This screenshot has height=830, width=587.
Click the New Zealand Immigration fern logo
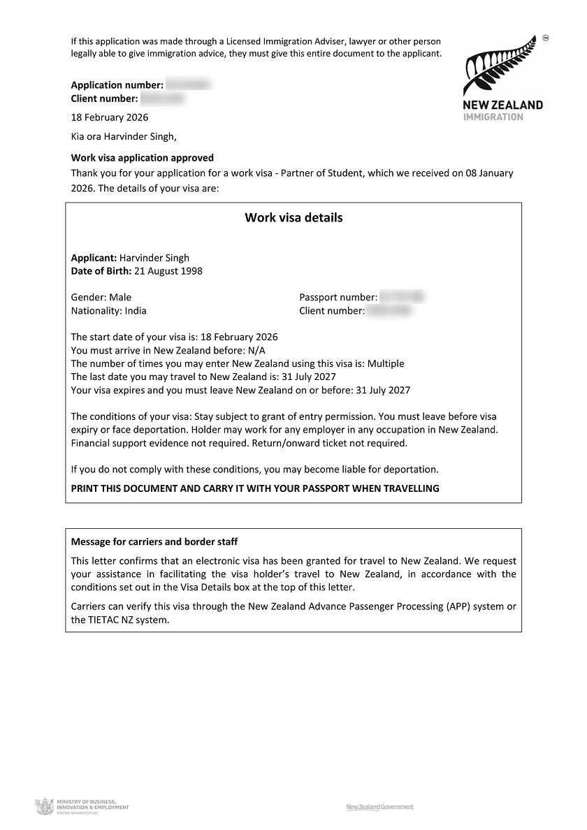[x=502, y=78]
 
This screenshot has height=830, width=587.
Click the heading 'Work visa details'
[x=293, y=217]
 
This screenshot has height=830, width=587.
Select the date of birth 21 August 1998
[x=168, y=271]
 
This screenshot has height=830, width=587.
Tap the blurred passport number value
[x=402, y=298]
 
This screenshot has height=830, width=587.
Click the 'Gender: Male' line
[x=101, y=297]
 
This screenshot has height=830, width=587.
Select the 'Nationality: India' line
[x=109, y=311]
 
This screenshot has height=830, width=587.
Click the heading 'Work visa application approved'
[x=143, y=158]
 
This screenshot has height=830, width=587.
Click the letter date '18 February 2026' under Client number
[x=110, y=117]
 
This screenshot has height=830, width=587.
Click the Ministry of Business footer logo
[x=82, y=808]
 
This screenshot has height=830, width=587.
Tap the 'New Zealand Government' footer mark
[x=379, y=807]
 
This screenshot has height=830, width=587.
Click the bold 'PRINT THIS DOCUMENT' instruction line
[x=255, y=488]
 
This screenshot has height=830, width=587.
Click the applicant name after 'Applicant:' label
[x=154, y=258]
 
